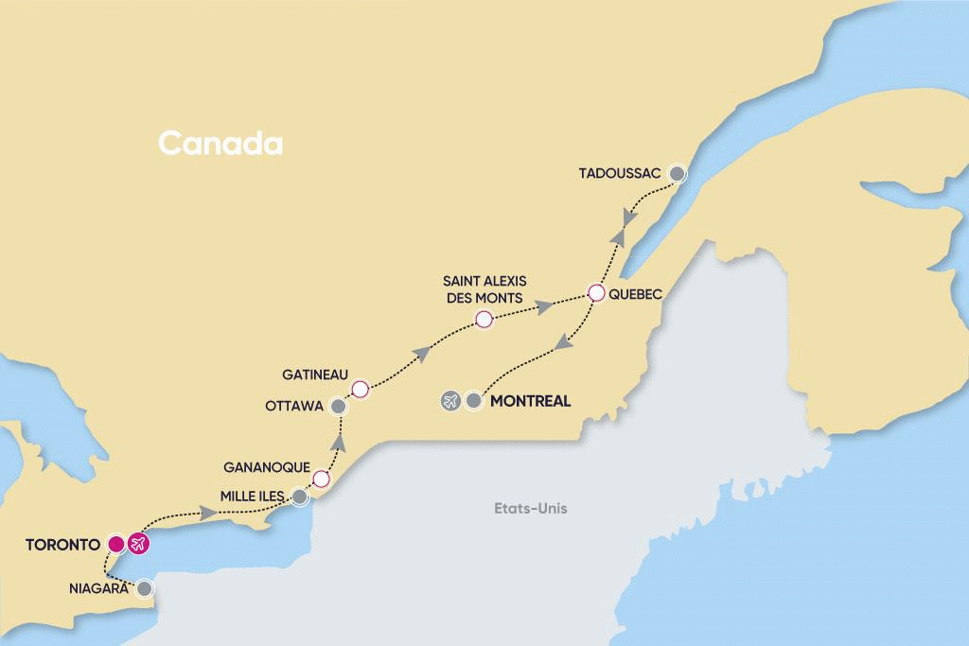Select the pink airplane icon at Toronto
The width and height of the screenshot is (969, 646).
pos(139,544)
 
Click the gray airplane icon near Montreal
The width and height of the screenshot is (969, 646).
pos(450,401)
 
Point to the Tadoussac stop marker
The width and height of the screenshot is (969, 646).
pos(677,173)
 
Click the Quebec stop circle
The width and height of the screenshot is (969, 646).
pos(596,293)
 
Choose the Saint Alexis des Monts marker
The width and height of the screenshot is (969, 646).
pos(484,320)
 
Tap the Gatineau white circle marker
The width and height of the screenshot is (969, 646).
pos(359,389)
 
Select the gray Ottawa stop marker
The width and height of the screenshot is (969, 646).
pos(338,406)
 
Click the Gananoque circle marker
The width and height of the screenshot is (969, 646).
pos(321,479)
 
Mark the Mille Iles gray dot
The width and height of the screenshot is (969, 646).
pos(300,496)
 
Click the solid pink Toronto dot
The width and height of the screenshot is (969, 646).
pos(115,544)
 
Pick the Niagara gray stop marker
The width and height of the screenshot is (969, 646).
pos(144,588)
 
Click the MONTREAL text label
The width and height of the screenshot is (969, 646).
pos(531,401)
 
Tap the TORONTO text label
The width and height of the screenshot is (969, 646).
pos(62,544)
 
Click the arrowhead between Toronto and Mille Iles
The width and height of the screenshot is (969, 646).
pos(207,514)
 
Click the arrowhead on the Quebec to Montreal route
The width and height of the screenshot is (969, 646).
pos(561,347)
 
